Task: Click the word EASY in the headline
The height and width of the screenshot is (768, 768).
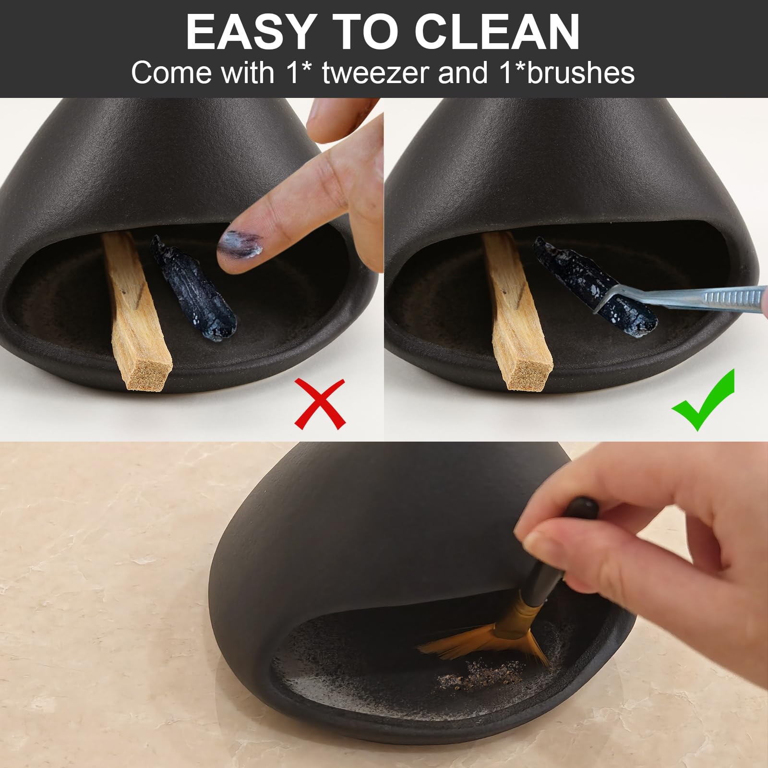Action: coord(249,32)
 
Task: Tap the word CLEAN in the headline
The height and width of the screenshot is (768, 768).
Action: coord(497,32)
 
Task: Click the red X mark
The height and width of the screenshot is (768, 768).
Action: coord(320,403)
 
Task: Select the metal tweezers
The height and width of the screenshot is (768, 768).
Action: coord(682,300)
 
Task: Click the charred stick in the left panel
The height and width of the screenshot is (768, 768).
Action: coord(193,288)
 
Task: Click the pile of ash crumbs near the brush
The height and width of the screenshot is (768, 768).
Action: coord(480,671)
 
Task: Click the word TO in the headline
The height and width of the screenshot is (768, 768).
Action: coord(363,32)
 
